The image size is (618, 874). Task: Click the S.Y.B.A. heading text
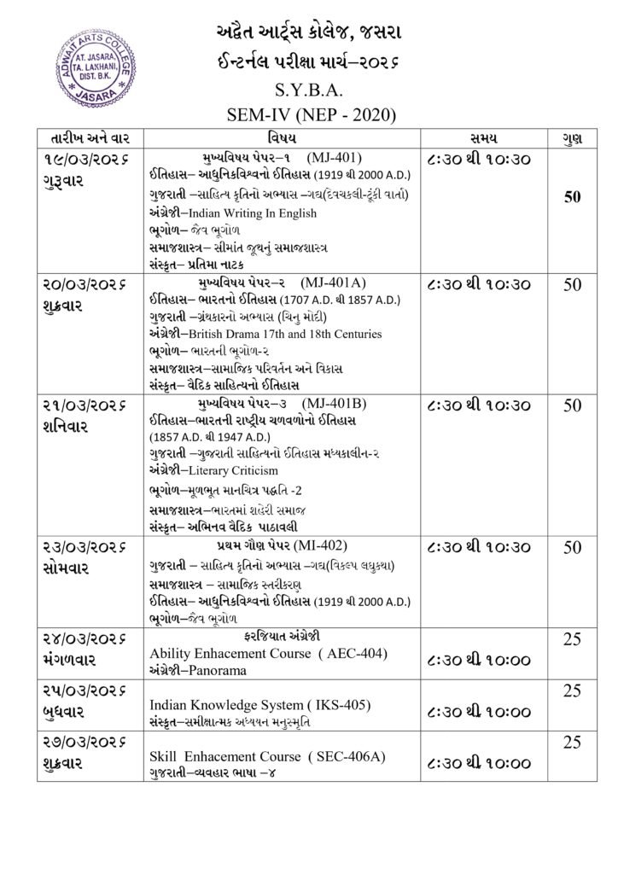[309, 87]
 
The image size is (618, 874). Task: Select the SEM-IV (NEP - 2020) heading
[309, 114]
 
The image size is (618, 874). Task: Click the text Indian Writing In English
[252, 213]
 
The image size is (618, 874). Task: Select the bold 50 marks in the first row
[572, 197]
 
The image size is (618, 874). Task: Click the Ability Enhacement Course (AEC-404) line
[268, 653]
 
